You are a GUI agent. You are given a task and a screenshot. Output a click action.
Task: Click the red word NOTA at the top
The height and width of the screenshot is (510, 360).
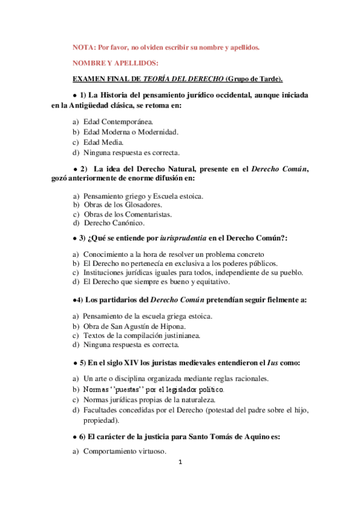pyautogui.click(x=83, y=48)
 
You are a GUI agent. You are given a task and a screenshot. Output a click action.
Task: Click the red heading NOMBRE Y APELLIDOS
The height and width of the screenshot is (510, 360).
pyautogui.click(x=115, y=63)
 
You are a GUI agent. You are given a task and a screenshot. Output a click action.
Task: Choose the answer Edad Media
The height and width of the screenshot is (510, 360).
pyautogui.click(x=103, y=142)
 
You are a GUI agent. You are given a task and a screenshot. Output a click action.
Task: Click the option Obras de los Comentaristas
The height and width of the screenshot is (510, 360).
pyautogui.click(x=127, y=214)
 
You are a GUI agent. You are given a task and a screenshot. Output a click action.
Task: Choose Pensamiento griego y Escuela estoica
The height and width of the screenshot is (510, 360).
pyautogui.click(x=143, y=195)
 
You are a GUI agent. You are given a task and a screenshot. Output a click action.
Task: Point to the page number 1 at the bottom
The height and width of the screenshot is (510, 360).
pyautogui.click(x=180, y=462)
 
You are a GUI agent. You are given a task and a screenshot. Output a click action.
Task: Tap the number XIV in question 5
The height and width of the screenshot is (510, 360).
pyautogui.click(x=128, y=363)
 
